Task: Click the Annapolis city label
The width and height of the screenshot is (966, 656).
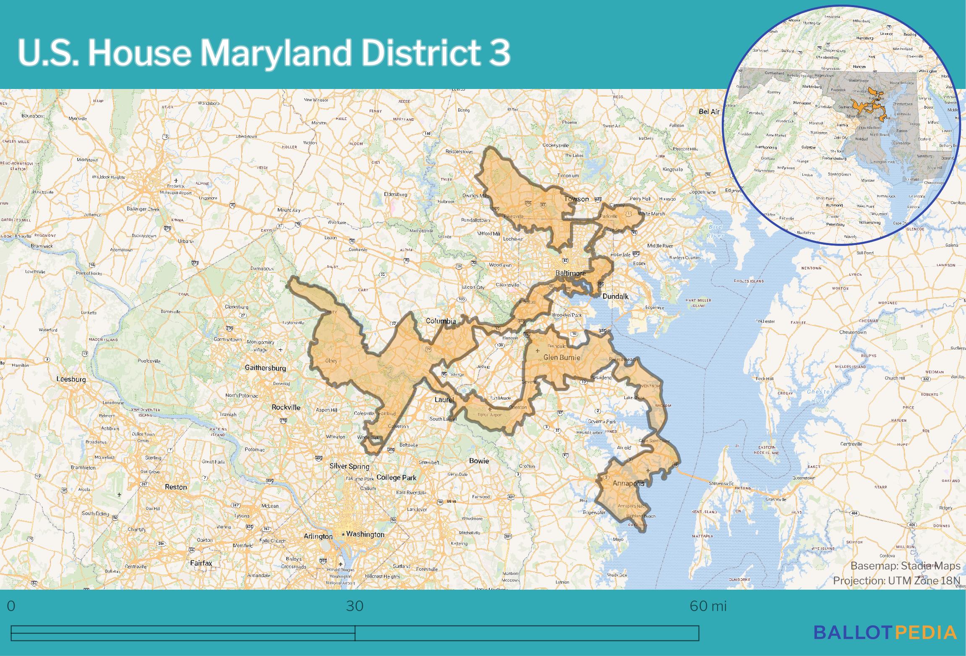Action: pyautogui.click(x=628, y=484)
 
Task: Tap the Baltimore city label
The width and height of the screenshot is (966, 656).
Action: pyautogui.click(x=570, y=273)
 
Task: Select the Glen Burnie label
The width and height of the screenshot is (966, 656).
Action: pyautogui.click(x=562, y=358)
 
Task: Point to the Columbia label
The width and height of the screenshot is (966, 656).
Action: pyautogui.click(x=441, y=321)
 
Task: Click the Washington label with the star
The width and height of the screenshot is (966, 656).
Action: pyautogui.click(x=365, y=534)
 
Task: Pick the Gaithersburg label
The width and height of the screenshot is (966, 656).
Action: pyautogui.click(x=265, y=368)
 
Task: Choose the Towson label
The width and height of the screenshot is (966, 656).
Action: pyautogui.click(x=577, y=199)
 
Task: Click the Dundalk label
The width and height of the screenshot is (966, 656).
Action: pyautogui.click(x=615, y=296)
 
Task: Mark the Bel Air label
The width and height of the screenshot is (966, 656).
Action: pyautogui.click(x=709, y=112)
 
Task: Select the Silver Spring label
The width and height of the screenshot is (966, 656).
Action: pyautogui.click(x=349, y=466)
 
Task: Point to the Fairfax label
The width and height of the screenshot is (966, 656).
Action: pyautogui.click(x=201, y=563)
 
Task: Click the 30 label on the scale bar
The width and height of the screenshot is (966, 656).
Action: pyautogui.click(x=355, y=606)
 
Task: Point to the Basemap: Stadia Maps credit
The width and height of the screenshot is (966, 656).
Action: pyautogui.click(x=905, y=566)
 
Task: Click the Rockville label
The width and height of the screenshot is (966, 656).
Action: pyautogui.click(x=286, y=407)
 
